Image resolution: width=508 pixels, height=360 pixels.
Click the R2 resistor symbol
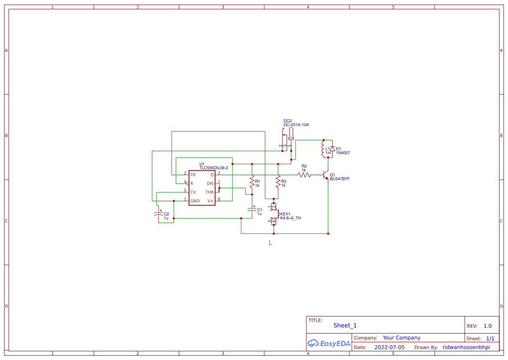point(304,175)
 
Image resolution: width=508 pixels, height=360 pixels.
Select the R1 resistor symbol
point(252,180)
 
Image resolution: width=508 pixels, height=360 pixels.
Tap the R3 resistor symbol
point(278,180)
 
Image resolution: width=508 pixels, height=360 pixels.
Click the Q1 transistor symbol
point(326,175)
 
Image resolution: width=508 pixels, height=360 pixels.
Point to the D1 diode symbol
point(332,149)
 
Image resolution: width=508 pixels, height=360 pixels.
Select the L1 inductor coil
point(323,148)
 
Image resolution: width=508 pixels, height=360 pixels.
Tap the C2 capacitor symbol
point(159,214)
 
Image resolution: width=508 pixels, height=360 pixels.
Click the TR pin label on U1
point(193,174)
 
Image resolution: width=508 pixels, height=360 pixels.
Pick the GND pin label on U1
point(195,201)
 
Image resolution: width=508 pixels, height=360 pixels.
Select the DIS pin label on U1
point(210,183)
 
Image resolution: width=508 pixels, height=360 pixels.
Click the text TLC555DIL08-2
point(213,168)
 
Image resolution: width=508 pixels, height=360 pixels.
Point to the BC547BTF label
point(339,179)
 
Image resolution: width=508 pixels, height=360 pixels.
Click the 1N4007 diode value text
point(343,153)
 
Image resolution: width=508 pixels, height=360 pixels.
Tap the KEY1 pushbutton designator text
point(285,214)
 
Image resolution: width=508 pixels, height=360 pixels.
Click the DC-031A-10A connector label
point(296,125)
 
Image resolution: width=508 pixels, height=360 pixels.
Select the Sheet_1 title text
point(345,325)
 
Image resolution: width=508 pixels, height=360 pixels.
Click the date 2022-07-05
point(389,347)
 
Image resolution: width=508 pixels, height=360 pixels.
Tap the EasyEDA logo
point(329,343)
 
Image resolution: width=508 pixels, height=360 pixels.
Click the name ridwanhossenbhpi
point(466,347)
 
